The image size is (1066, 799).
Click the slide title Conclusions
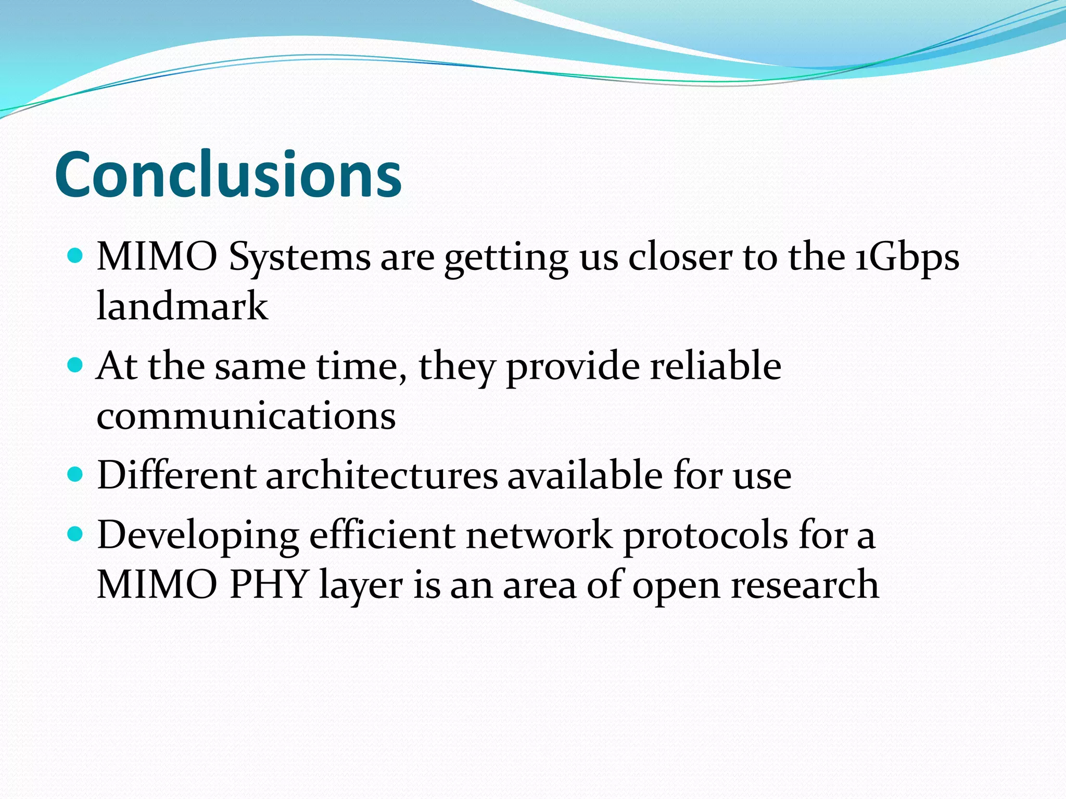click(x=228, y=174)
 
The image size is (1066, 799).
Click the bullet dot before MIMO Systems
click(x=76, y=255)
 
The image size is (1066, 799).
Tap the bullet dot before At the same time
click(x=76, y=365)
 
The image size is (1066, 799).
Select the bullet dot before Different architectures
click(x=76, y=474)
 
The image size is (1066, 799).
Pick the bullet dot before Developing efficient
click(x=76, y=533)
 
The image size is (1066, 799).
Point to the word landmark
click(x=182, y=306)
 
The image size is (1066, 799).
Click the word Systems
click(x=299, y=259)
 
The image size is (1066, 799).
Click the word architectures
click(x=382, y=475)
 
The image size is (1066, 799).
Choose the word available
click(x=585, y=475)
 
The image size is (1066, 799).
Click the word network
click(x=539, y=535)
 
